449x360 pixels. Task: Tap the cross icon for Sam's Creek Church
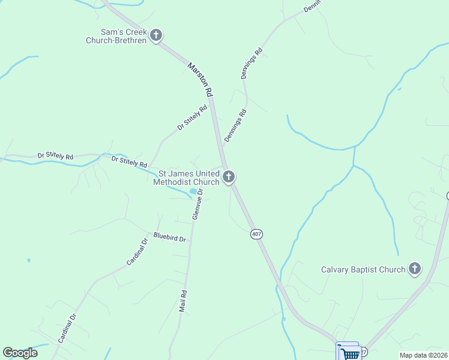click(156, 35)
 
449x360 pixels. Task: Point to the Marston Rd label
click(200, 79)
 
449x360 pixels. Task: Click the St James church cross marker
click(228, 177)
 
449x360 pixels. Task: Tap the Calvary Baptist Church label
click(363, 269)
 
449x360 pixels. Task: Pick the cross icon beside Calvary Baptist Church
click(415, 269)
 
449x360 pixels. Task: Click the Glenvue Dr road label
click(197, 204)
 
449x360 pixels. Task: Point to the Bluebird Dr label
click(169, 238)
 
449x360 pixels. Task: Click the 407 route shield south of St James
click(257, 234)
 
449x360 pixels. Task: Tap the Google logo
click(20, 353)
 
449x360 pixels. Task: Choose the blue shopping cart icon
click(349, 352)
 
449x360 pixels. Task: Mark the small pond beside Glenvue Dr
click(193, 192)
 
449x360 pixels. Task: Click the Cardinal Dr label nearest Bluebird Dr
click(137, 253)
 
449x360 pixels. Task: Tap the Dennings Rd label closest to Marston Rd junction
click(236, 125)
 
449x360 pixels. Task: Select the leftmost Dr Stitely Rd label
click(55, 156)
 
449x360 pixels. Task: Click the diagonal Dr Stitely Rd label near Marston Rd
click(192, 118)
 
